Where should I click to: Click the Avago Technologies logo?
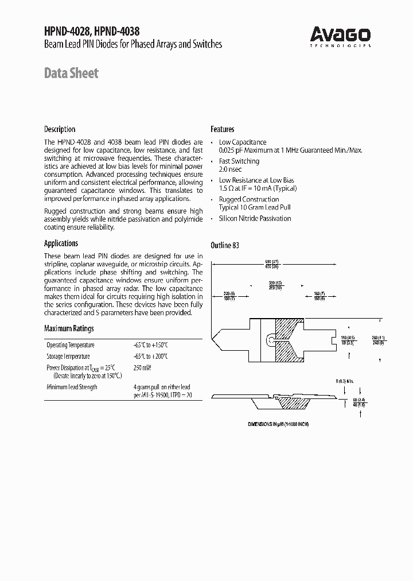click(x=340, y=36)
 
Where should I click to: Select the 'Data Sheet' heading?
click(x=71, y=73)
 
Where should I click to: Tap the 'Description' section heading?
click(x=60, y=129)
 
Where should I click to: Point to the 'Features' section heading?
click(x=222, y=129)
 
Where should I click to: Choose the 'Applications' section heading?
click(x=61, y=243)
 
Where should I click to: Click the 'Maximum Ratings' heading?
click(x=69, y=329)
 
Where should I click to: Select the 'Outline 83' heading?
click(x=225, y=245)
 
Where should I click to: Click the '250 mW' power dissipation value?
click(x=143, y=367)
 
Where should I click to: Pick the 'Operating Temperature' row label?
click(x=71, y=345)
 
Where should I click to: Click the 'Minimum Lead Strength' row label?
click(x=72, y=387)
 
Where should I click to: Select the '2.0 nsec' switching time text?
click(x=230, y=170)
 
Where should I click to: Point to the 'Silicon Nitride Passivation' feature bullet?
click(x=255, y=219)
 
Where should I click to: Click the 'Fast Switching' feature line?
click(x=239, y=161)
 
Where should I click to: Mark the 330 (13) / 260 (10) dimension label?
click(x=276, y=285)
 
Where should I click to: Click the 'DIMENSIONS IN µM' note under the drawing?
click(x=278, y=423)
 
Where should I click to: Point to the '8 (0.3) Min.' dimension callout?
click(x=345, y=381)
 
